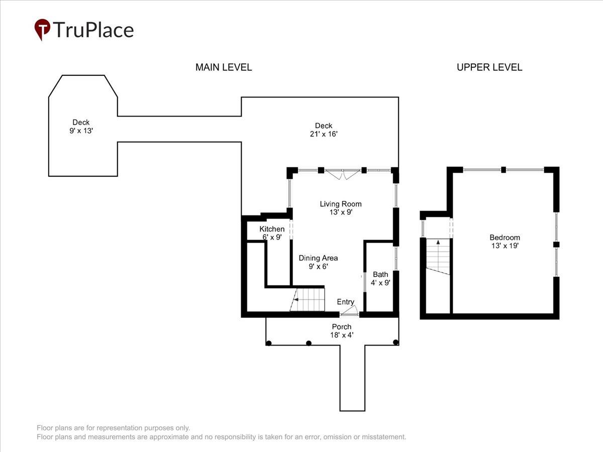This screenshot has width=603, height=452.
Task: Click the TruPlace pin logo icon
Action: coord(42,29)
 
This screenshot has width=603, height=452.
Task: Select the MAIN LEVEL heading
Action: coord(224,67)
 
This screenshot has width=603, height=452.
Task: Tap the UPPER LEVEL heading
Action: coord(489,67)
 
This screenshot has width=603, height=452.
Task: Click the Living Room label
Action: coord(341,208)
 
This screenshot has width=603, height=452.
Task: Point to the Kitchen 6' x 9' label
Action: coord(272,233)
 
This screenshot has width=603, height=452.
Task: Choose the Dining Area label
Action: coord(318,262)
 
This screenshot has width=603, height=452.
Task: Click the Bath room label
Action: coord(380,278)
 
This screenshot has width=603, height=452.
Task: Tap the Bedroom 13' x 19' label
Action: coord(505,241)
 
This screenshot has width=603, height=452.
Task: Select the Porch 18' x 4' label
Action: coord(342,330)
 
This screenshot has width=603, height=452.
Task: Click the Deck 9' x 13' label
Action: coord(81,126)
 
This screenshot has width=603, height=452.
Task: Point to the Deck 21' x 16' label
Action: coord(324,130)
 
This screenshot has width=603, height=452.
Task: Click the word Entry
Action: coord(346,302)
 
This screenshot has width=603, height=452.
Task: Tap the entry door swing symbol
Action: coord(349,310)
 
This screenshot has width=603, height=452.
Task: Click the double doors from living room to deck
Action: coord(343,174)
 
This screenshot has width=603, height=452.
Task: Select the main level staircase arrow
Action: coord(296,299)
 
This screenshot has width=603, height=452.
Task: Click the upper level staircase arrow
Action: coord(438,242)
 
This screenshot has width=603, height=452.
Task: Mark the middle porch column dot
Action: coord(309,343)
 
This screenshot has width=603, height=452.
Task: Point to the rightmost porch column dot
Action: coord(395,342)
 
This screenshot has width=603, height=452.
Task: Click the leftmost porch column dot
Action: coord(269,343)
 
